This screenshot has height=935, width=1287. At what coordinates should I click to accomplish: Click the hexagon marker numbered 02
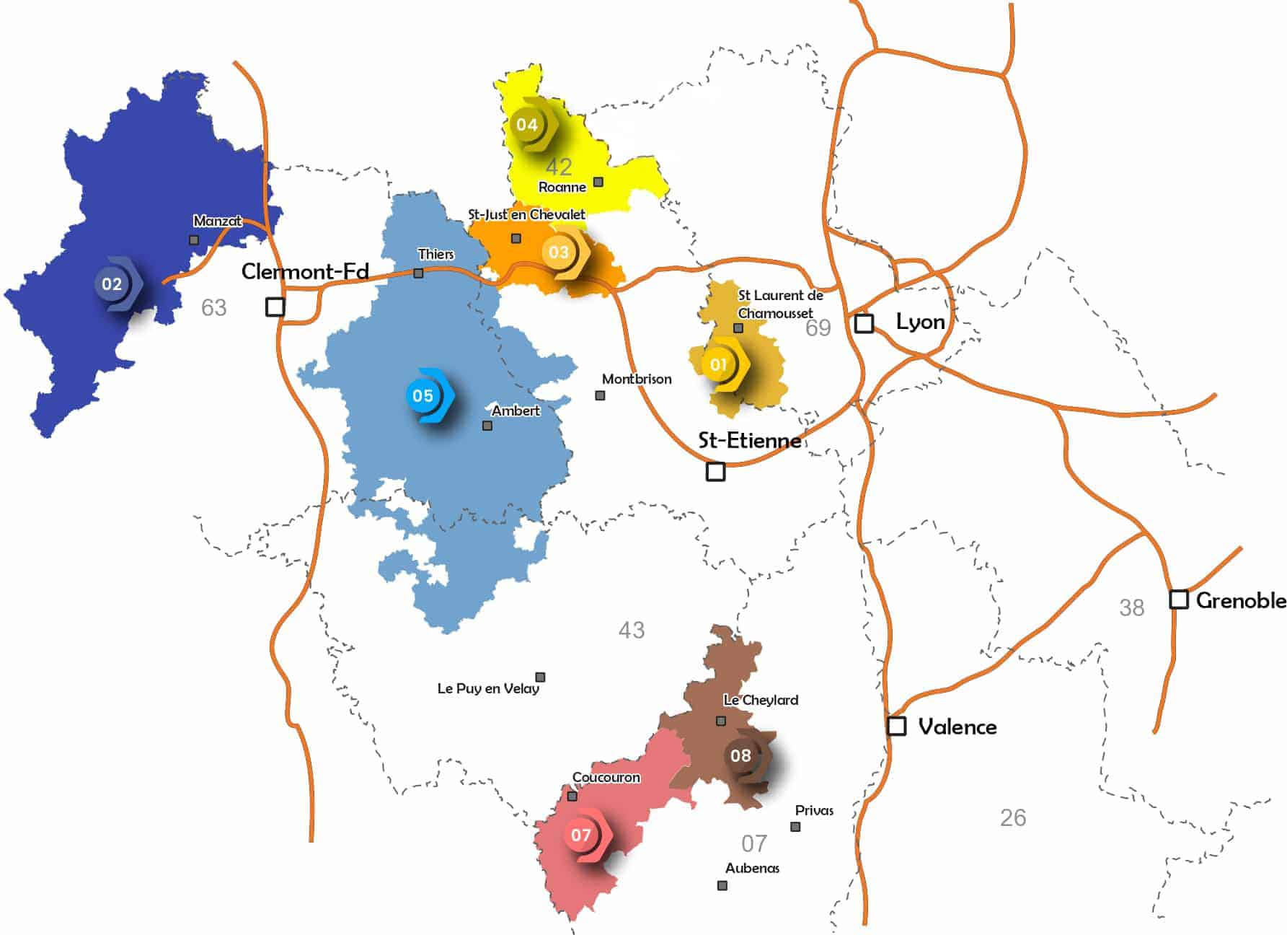(112, 284)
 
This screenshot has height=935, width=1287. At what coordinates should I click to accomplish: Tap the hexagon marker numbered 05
(424, 395)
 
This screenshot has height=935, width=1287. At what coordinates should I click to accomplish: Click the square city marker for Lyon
(864, 322)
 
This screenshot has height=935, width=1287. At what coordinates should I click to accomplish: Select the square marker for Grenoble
(1178, 599)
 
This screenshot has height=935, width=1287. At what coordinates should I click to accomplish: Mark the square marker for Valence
(896, 725)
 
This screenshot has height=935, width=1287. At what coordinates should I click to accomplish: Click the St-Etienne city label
(749, 440)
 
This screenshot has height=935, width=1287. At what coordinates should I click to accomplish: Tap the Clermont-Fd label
(305, 271)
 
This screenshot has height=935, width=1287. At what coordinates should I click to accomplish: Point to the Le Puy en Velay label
(488, 688)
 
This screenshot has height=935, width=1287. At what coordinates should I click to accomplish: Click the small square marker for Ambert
(487, 426)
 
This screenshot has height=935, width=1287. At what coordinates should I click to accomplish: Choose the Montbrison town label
(637, 379)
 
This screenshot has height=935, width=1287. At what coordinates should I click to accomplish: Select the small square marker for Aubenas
(722, 885)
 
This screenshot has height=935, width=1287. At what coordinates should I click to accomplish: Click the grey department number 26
(1013, 817)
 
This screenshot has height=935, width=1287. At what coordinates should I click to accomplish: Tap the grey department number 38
(1131, 607)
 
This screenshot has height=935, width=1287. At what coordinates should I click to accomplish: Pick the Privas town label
(814, 810)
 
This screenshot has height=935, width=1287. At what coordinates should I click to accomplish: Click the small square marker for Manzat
(194, 240)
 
